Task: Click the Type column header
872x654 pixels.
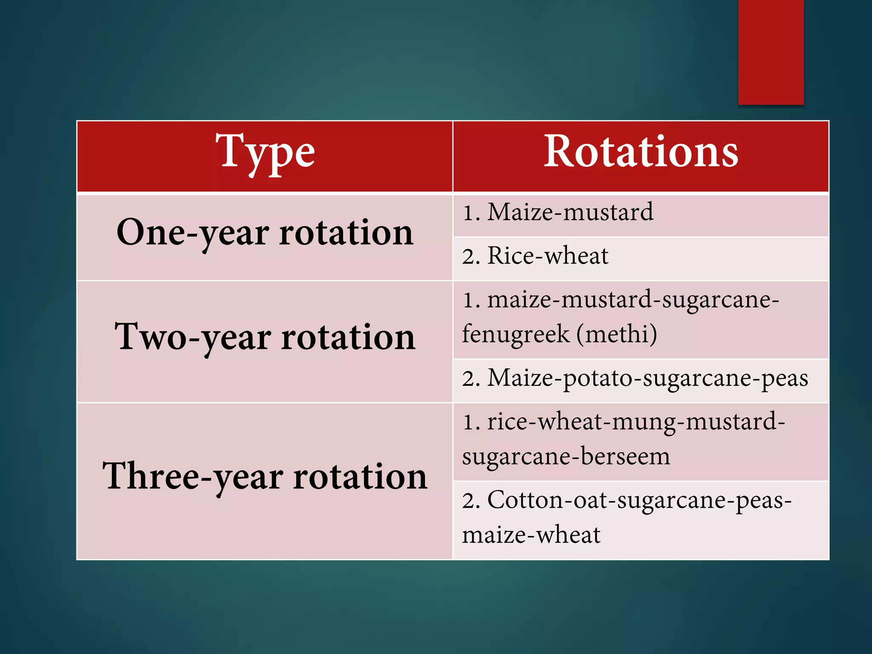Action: click(x=264, y=152)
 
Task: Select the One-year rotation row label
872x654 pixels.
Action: click(x=265, y=233)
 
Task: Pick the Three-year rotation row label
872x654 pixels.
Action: click(x=265, y=476)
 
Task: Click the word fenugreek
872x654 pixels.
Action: click(x=515, y=334)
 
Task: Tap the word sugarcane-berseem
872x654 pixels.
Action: click(x=566, y=456)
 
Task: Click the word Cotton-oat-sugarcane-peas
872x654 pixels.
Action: click(x=639, y=500)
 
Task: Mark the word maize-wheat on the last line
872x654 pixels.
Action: click(x=531, y=535)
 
